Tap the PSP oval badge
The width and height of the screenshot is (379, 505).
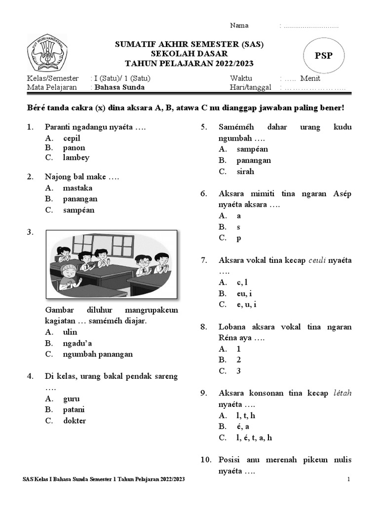324,55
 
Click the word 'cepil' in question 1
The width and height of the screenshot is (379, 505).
72,138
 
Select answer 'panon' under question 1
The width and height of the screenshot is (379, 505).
74,148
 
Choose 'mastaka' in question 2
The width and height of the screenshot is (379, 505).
77,188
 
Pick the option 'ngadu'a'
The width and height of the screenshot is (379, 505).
77,343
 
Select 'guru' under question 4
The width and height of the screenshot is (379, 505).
72,399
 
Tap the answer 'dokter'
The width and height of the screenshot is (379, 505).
75,421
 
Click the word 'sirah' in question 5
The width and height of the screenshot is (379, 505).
245,172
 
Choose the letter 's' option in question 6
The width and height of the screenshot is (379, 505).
238,227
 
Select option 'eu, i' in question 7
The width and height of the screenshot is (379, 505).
244,293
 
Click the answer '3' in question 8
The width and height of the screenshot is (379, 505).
238,371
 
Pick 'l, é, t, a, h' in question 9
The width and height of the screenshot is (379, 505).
254,437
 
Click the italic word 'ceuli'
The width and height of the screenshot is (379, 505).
318,260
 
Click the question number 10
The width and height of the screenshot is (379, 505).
205,460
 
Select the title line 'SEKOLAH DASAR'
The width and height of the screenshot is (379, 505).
189,53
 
